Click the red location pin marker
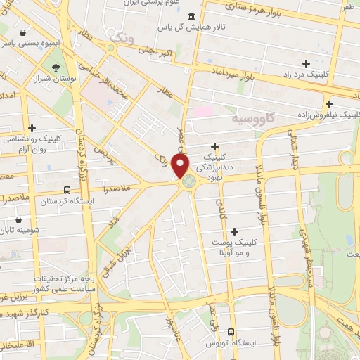click(x=181, y=166)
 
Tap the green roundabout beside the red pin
click(x=189, y=182)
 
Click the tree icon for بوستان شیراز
click(x=55, y=67)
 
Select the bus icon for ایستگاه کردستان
click(x=67, y=190)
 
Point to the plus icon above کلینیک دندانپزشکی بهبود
click(x=214, y=146)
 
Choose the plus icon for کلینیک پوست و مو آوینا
click(x=234, y=231)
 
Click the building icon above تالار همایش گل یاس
click(x=193, y=16)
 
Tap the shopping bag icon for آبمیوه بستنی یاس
click(x=23, y=32)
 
